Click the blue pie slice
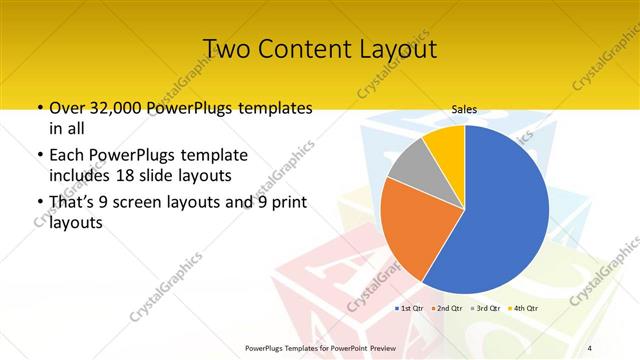(500, 210)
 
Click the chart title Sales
(464, 109)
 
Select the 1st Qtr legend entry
(410, 308)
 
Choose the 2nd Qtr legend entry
(446, 308)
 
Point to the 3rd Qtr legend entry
(484, 308)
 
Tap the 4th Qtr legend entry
(521, 308)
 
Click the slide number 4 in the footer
(589, 347)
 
